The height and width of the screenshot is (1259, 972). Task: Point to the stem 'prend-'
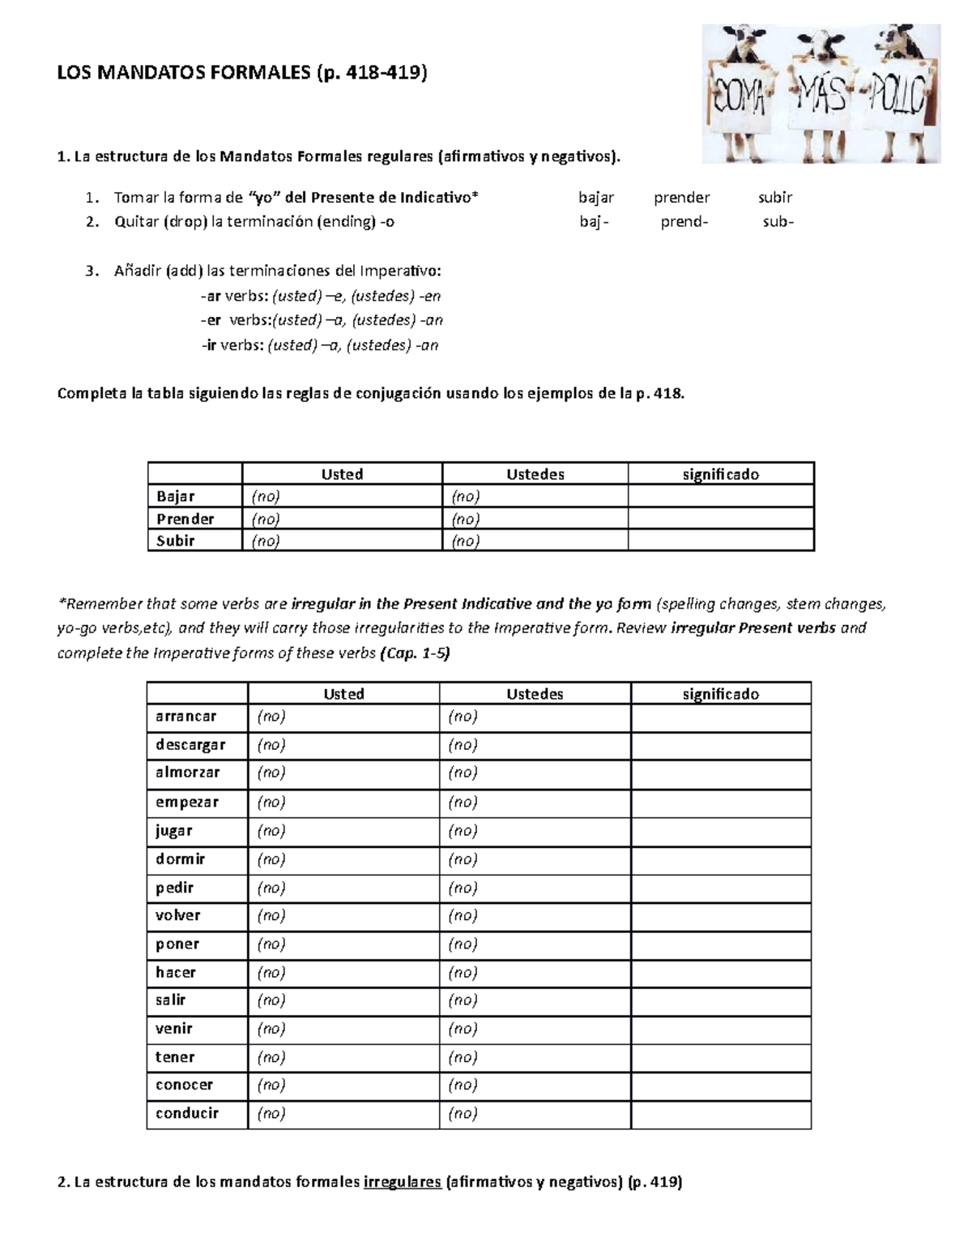pyautogui.click(x=684, y=222)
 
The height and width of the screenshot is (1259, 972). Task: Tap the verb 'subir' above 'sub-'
pyautogui.click(x=775, y=197)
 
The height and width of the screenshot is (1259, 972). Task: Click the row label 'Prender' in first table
pyautogui.click(x=185, y=519)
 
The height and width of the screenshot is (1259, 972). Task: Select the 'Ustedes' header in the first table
pyautogui.click(x=535, y=474)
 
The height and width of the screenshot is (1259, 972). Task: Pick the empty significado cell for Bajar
pyautogui.click(x=720, y=496)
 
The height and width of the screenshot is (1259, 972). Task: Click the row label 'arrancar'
pyautogui.click(x=186, y=717)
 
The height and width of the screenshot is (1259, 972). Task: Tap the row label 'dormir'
pyautogui.click(x=181, y=859)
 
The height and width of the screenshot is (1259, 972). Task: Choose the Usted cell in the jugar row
pyautogui.click(x=343, y=831)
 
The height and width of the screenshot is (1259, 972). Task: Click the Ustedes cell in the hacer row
pyautogui.click(x=535, y=972)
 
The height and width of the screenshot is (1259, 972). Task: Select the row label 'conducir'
pyautogui.click(x=187, y=1113)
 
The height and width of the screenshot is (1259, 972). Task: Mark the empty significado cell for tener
pyautogui.click(x=720, y=1057)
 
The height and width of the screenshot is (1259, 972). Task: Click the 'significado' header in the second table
pyautogui.click(x=720, y=694)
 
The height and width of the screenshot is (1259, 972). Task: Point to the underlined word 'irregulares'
pyautogui.click(x=403, y=1182)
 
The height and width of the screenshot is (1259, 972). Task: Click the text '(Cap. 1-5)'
pyautogui.click(x=414, y=653)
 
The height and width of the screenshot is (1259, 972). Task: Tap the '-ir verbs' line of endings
pyautogui.click(x=320, y=345)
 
